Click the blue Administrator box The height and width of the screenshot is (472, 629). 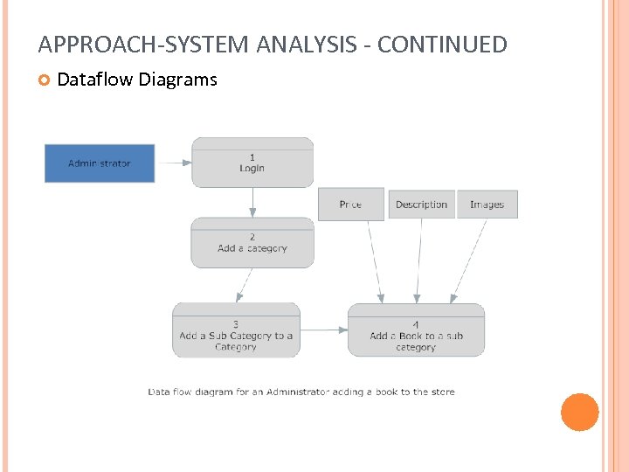click(100, 163)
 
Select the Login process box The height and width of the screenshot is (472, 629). click(252, 163)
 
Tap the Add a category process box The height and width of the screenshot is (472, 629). click(252, 242)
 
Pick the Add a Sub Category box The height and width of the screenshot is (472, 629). click(236, 330)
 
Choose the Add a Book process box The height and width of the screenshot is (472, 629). click(416, 330)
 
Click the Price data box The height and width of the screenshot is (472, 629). click(350, 205)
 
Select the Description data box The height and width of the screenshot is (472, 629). click(421, 205)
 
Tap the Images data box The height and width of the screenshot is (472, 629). click(487, 205)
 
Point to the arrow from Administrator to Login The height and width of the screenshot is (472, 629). click(173, 163)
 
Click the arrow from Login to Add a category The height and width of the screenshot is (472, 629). click(252, 202)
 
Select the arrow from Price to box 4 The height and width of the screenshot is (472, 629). click(374, 260)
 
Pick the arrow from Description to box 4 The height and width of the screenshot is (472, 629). click(419, 260)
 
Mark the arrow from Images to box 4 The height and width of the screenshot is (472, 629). click(469, 260)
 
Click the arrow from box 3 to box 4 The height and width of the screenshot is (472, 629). click(323, 330)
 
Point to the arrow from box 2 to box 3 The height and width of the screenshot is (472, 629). click(244, 285)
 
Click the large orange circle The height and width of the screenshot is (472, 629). click(579, 413)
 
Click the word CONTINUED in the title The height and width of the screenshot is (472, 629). click(444, 45)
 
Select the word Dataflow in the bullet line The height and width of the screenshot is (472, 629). click(93, 80)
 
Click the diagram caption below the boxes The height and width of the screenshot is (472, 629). click(301, 392)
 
